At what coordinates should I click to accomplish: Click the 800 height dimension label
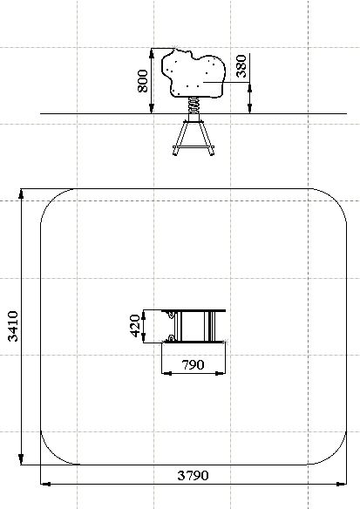143,81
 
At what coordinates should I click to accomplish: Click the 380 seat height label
241,66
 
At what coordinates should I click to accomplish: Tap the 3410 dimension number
13,326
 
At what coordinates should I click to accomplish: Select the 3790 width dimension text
193,476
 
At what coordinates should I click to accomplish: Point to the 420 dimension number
135,326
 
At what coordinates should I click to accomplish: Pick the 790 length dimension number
193,365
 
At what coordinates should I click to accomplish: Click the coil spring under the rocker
194,105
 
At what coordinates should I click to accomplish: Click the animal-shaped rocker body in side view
194,76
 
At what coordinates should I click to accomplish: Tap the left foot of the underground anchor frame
175,151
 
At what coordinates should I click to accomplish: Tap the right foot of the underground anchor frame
211,151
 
